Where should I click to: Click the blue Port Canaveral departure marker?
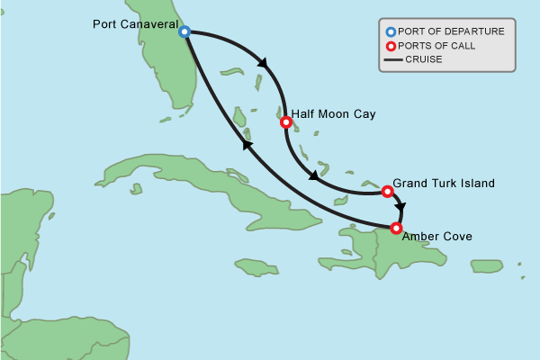(184, 31)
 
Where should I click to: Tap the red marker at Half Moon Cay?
(285, 121)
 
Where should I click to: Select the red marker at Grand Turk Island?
(387, 191)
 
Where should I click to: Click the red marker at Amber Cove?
(396, 228)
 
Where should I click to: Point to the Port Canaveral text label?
(135, 23)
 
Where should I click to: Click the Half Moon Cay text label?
(333, 114)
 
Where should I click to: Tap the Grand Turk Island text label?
(444, 184)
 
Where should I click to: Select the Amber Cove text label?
(436, 237)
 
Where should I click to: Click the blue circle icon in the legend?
(391, 31)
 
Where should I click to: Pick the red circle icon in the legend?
(391, 46)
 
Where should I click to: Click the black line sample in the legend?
(392, 60)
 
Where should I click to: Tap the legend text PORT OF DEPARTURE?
(451, 31)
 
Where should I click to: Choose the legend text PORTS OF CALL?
(440, 46)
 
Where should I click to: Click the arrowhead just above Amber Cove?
(400, 208)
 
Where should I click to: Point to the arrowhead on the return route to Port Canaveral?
(247, 144)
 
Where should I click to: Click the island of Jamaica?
(256, 266)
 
